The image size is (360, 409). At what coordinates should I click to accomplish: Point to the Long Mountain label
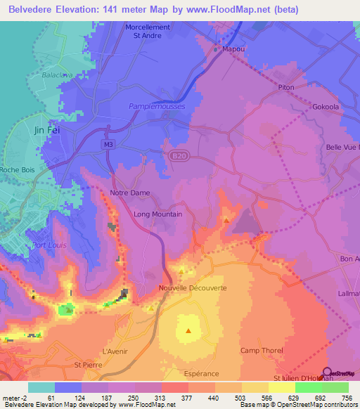click(x=157, y=214)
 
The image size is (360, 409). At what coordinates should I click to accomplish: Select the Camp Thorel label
click(x=259, y=351)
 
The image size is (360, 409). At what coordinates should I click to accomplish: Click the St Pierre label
click(x=89, y=365)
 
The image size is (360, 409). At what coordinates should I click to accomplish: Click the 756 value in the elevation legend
click(x=348, y=398)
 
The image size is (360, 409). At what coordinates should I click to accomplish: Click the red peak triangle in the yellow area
click(x=188, y=330)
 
